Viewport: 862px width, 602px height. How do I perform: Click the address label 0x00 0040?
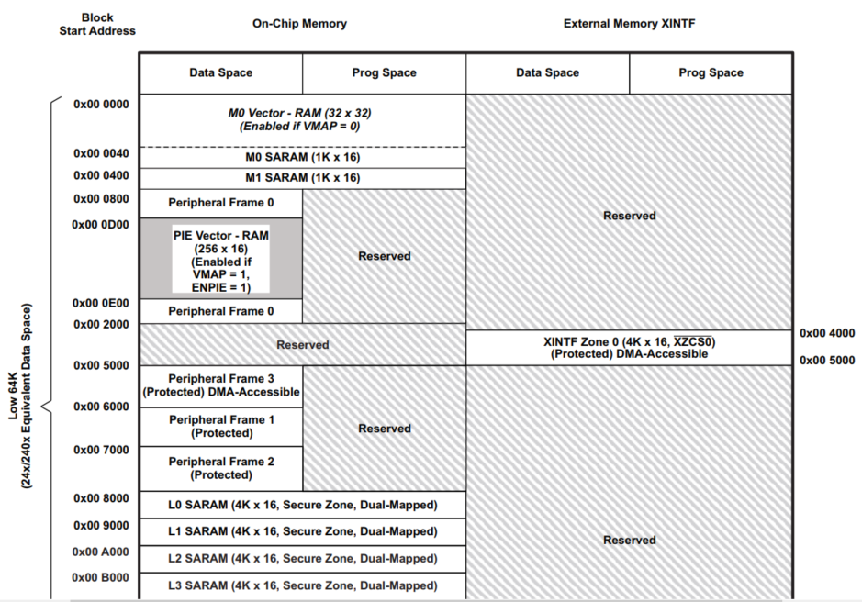pos(101,152)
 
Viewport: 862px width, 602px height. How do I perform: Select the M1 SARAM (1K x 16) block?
pos(302,178)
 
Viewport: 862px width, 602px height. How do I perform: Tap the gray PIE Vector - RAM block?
pos(220,259)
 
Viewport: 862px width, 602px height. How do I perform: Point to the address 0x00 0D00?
pos(101,224)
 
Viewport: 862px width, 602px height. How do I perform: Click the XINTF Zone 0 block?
pos(629,348)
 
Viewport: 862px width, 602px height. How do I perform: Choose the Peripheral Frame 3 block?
pos(220,385)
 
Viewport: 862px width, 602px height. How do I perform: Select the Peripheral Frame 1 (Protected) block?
pos(220,427)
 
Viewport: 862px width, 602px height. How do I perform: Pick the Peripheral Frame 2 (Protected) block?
pos(220,468)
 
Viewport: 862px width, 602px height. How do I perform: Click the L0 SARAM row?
pos(302,505)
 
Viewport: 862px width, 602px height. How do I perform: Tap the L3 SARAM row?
pos(302,585)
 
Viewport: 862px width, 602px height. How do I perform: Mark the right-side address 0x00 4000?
pos(828,333)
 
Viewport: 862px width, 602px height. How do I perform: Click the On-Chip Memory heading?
pos(299,24)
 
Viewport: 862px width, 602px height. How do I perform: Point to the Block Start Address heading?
pos(97,24)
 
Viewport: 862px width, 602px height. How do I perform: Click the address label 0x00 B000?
pos(101,578)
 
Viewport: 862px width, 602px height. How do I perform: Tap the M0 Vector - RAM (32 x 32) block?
pos(302,119)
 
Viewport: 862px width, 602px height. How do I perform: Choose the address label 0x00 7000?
pos(101,450)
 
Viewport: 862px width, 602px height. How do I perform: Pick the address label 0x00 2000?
pos(101,325)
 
